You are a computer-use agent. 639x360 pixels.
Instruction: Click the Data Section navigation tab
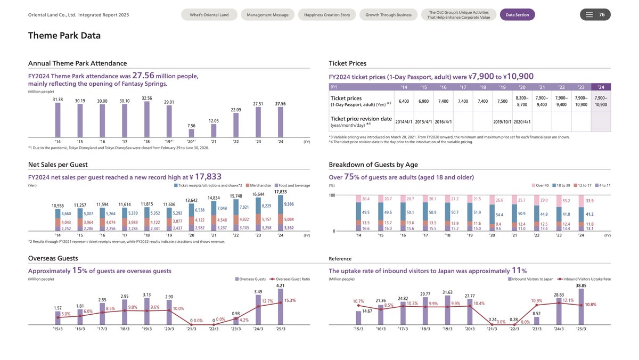pyautogui.click(x=517, y=15)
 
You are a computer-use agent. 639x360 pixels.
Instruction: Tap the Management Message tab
pyautogui.click(x=267, y=15)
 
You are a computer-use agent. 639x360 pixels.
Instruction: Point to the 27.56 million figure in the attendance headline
pyautogui.click(x=143, y=76)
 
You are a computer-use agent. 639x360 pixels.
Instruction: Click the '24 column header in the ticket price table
pyautogui.click(x=601, y=87)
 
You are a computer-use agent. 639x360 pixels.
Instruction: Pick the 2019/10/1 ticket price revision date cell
pyautogui.click(x=502, y=121)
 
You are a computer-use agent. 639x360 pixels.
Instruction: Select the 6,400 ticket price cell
pyautogui.click(x=404, y=101)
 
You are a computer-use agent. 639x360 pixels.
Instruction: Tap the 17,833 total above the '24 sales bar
pyautogui.click(x=280, y=192)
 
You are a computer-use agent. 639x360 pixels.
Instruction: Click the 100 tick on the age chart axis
pyautogui.click(x=332, y=195)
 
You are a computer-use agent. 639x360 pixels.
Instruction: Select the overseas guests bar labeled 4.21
pyautogui.click(x=280, y=306)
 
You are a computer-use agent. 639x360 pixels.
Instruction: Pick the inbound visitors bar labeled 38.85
pyautogui.click(x=581, y=306)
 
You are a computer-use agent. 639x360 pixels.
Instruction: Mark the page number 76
pyautogui.click(x=602, y=14)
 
